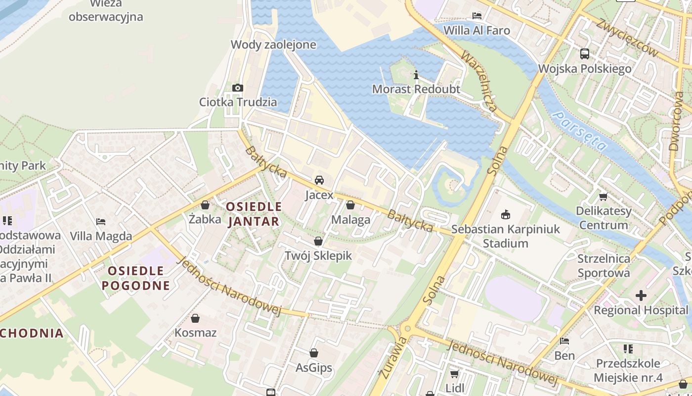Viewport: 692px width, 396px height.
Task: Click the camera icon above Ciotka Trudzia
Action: tap(238, 88)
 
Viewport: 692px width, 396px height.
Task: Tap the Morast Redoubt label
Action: tap(416, 89)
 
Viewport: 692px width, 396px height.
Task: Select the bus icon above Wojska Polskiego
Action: tap(585, 54)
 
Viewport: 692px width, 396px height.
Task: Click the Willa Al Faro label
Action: tap(476, 30)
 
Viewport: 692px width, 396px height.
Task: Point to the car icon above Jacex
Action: tap(319, 180)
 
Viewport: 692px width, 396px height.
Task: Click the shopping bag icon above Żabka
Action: tap(205, 205)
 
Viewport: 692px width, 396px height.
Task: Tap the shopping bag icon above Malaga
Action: tap(350, 205)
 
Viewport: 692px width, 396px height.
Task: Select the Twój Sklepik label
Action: tap(318, 255)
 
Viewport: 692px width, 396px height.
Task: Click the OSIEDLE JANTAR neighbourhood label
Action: tap(254, 214)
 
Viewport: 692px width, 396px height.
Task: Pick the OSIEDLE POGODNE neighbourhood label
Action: tap(136, 278)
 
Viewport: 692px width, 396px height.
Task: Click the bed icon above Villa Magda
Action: tap(101, 222)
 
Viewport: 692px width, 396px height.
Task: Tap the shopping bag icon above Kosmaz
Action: tap(195, 318)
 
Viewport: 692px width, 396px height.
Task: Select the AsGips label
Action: tap(314, 368)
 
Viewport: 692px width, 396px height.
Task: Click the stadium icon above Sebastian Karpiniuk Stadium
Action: tap(506, 215)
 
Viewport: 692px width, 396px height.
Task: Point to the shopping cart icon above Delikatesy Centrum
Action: tap(603, 197)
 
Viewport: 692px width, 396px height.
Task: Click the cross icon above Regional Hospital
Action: tap(641, 296)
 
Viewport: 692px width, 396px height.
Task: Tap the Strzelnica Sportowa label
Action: tap(604, 265)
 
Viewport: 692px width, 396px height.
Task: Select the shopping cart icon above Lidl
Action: tap(454, 374)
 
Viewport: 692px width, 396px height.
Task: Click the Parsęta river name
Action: tap(579, 131)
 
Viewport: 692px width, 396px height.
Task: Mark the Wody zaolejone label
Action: tap(273, 45)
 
